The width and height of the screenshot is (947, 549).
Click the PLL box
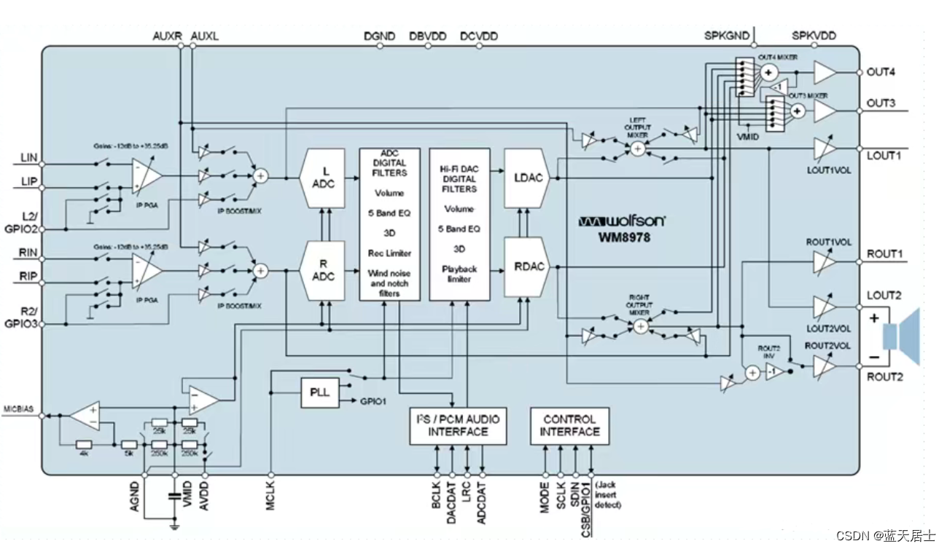pos(320,392)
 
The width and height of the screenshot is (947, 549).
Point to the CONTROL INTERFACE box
pos(569,425)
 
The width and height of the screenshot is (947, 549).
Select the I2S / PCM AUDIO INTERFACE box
pos(458,425)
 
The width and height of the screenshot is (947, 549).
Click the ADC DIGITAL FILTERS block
pos(389,224)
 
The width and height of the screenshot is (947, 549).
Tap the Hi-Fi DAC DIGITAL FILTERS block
pos(459,224)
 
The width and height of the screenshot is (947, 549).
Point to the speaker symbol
pos(901,337)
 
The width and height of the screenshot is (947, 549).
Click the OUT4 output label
pos(881,73)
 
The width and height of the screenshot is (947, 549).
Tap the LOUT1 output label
pos(884,156)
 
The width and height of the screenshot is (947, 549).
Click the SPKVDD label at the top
pos(814,36)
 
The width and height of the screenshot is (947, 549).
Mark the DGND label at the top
pos(379,36)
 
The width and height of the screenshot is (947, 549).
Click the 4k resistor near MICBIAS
pos(85,443)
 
